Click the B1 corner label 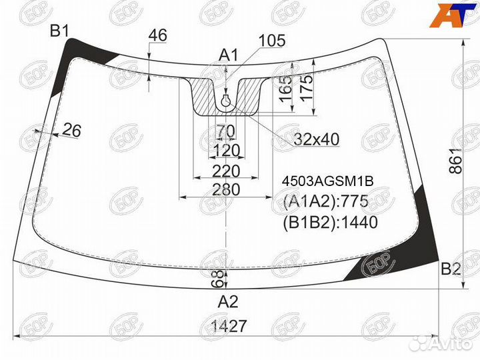coord(60,31)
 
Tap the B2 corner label coord(451,269)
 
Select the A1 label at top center coord(229,56)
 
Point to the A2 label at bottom coord(228,302)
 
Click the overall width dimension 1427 coord(229,326)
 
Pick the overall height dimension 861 coord(456,161)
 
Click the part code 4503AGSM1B coord(327,181)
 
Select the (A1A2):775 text coord(326,201)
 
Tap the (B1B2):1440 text coord(330,223)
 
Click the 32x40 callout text coord(317,139)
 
